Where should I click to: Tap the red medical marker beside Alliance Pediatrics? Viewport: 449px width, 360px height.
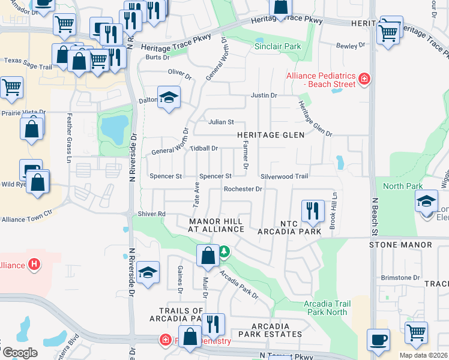363,79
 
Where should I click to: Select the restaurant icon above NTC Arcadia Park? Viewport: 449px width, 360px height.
312,211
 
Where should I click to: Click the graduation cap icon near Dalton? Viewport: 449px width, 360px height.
169,98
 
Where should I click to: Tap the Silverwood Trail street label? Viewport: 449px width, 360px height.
285,176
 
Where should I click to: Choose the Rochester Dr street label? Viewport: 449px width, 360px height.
243,189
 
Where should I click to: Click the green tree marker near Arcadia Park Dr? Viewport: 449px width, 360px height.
224,251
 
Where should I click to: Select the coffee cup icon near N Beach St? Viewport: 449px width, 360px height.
378,340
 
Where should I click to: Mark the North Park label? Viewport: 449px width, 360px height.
403,186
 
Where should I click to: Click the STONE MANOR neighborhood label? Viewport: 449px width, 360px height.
400,245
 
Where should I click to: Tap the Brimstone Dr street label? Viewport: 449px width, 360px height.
400,277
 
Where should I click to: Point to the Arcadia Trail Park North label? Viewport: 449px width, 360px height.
327,308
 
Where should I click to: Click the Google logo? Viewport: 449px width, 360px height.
20,352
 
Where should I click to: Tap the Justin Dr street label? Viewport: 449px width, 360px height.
264,95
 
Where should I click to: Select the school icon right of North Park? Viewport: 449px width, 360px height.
426,201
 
